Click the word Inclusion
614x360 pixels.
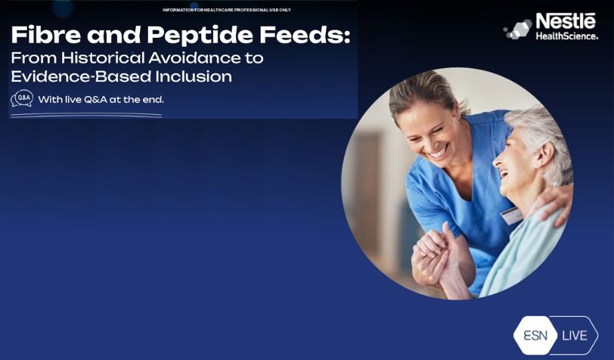click(195, 76)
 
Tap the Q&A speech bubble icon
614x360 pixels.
click(22, 99)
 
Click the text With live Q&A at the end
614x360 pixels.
click(101, 99)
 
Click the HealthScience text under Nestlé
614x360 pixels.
click(566, 36)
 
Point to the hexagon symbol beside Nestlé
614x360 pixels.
click(518, 29)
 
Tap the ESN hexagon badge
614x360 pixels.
click(535, 335)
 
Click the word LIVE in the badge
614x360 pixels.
click(575, 335)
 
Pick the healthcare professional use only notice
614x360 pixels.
click(226, 10)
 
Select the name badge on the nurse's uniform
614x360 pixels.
click(511, 216)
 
